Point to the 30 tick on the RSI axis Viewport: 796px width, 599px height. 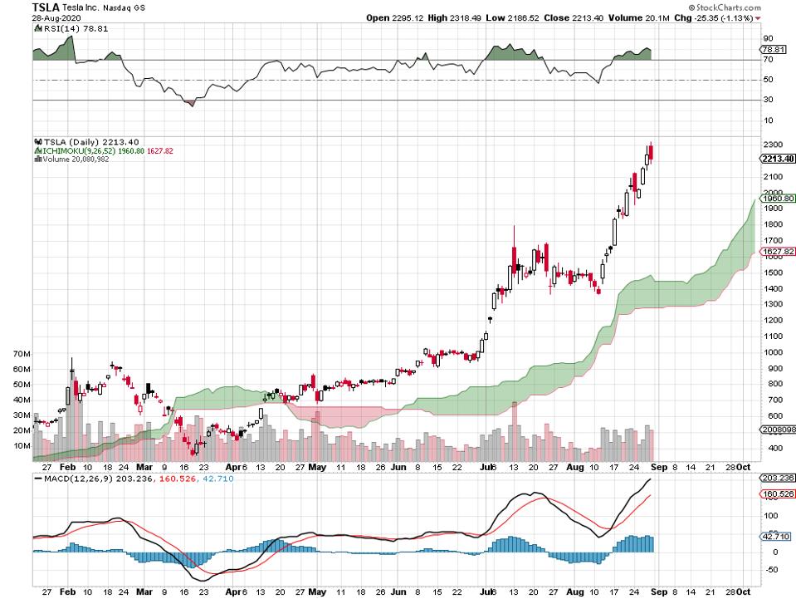(768, 100)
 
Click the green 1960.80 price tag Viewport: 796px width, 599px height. (778, 199)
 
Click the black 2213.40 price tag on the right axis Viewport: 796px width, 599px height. (778, 159)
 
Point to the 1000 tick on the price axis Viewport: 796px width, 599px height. (771, 352)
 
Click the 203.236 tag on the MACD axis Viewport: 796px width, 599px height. (778, 478)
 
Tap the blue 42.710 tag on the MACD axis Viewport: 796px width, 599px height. (776, 536)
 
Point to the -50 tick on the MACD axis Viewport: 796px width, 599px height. (769, 570)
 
